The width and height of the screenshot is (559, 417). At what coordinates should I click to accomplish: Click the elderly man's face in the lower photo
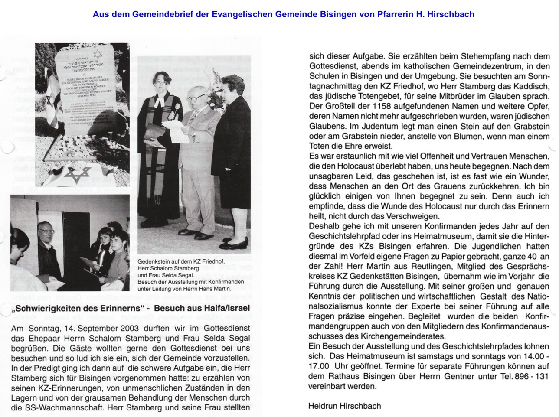(x=46, y=235)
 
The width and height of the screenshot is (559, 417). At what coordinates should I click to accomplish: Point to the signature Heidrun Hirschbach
(x=344, y=406)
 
